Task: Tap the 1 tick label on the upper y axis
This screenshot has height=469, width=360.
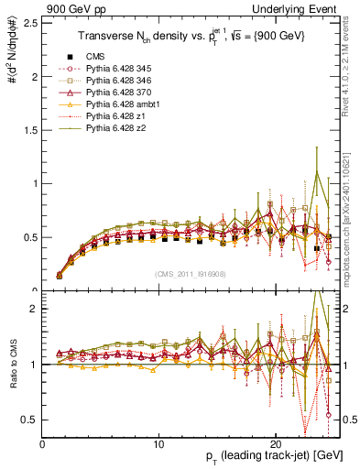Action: pos(36,183)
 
